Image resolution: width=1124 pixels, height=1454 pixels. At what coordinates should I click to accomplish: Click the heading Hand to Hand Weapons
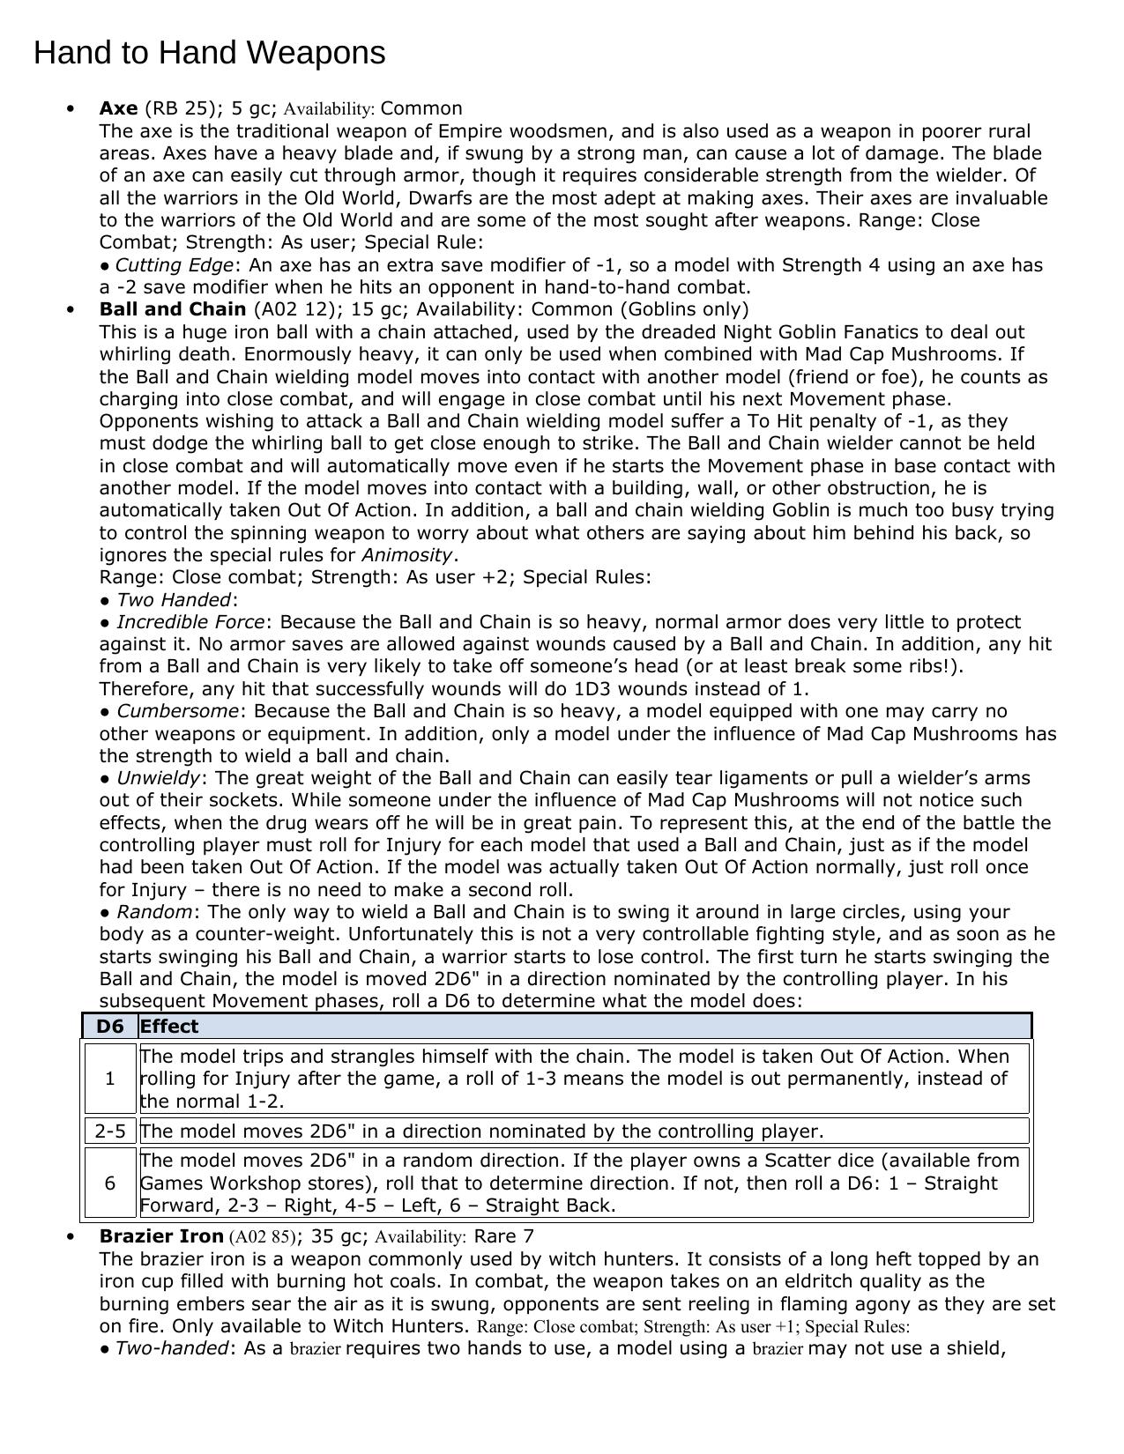(209, 54)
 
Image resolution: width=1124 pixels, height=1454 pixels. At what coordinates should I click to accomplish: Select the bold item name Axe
(118, 108)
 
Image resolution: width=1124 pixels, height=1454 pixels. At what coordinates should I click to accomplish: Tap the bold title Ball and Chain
(173, 309)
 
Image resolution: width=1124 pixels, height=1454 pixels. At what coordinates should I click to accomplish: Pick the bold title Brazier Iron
(161, 1236)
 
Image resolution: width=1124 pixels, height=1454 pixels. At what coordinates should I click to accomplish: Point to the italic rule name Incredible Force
(190, 622)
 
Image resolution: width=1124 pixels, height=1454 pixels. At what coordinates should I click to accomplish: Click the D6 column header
(110, 1027)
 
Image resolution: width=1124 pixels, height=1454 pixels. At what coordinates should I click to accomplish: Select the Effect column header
(168, 1027)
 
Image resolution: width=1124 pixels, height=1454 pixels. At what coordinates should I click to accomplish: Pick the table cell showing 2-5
(110, 1131)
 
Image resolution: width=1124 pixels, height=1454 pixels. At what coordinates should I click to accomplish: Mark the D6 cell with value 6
(110, 1183)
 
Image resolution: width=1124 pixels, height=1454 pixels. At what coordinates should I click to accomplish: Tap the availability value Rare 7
(503, 1236)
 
